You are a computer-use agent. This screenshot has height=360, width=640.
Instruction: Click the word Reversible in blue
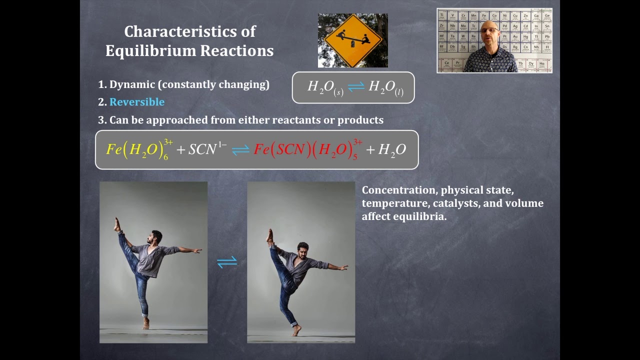pos(136,102)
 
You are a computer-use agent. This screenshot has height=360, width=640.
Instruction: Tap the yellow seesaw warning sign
pos(352,40)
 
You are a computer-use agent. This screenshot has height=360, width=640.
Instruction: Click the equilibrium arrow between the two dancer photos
pos(227,262)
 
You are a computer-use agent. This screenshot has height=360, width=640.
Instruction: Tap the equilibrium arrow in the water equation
pos(356,86)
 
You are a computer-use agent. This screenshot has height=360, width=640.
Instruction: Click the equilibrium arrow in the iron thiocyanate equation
pos(240,149)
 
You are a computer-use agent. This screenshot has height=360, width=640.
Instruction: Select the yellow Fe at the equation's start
pos(114,149)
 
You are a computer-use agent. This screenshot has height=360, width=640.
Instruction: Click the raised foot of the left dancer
pos(117,223)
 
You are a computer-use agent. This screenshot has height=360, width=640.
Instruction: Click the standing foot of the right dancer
pos(297,331)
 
